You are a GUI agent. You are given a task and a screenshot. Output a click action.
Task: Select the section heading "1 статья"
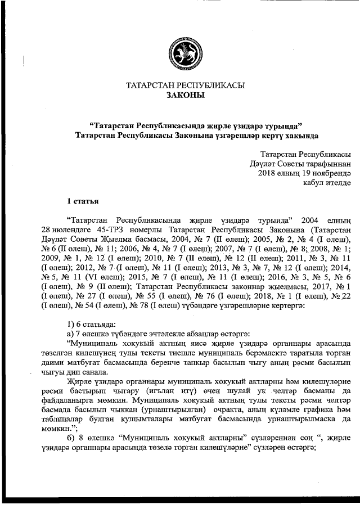[x=83, y=200]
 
